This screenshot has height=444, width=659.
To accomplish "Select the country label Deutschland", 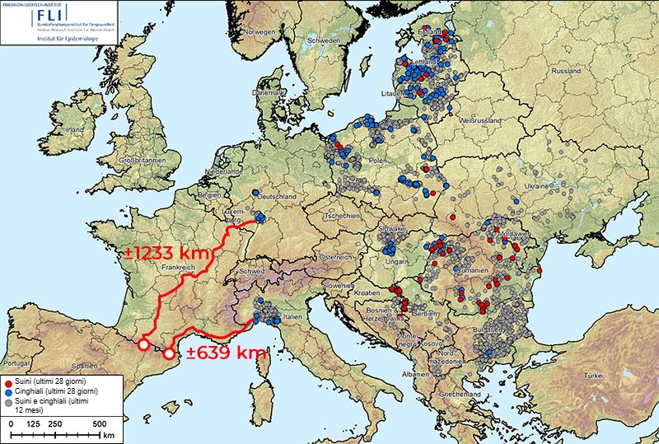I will tap(277, 197).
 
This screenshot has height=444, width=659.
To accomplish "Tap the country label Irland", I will tap(75, 130).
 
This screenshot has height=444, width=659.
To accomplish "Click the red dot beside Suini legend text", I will tap(8, 382).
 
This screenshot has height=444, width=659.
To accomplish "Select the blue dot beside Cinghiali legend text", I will tap(8, 392).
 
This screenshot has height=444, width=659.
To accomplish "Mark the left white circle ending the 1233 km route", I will tap(143, 345).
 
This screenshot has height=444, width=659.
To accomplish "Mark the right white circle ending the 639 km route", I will tap(169, 354).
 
